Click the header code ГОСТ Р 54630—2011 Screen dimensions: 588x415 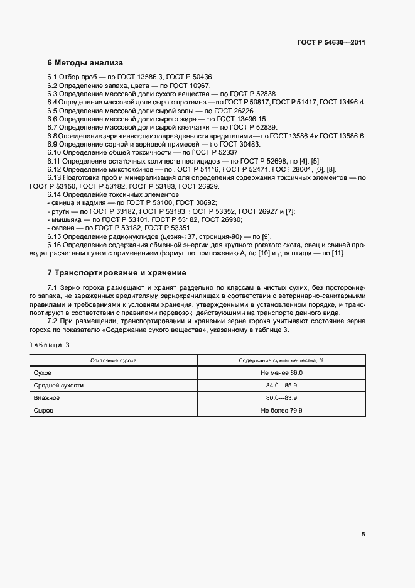click(331, 42)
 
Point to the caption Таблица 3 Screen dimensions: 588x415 click(50, 345)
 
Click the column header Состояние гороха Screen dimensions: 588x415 click(114, 361)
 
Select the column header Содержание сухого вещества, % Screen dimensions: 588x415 click(281, 361)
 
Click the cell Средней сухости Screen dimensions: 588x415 click(58, 386)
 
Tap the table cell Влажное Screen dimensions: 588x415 click(46, 398)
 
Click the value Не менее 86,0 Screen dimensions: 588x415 click(281, 373)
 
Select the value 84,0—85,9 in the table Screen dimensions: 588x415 click(281, 386)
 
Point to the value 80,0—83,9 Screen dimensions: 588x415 click(281, 398)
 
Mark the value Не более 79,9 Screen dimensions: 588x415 click(281, 410)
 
